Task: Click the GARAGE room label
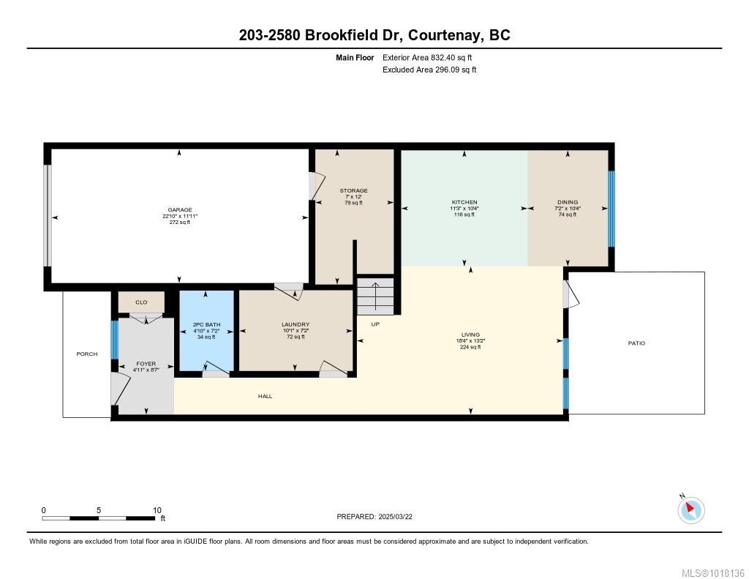pyautogui.click(x=180, y=210)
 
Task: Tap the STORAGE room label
pyautogui.click(x=353, y=190)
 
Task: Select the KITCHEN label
pyautogui.click(x=464, y=202)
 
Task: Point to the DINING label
pyautogui.click(x=568, y=202)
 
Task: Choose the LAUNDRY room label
pyautogui.click(x=296, y=324)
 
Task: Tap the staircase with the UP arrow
pyautogui.click(x=375, y=296)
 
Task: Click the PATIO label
pyautogui.click(x=636, y=343)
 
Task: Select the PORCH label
pyautogui.click(x=87, y=354)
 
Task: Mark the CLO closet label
pyautogui.click(x=141, y=302)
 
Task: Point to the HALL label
pyautogui.click(x=265, y=396)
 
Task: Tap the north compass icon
pyautogui.click(x=691, y=509)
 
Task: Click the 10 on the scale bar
pyautogui.click(x=157, y=510)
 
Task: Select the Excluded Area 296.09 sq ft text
pyautogui.click(x=429, y=70)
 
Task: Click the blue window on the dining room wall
pyautogui.click(x=612, y=209)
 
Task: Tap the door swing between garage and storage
pyautogui.click(x=315, y=186)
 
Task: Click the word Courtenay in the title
pyautogui.click(x=440, y=35)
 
